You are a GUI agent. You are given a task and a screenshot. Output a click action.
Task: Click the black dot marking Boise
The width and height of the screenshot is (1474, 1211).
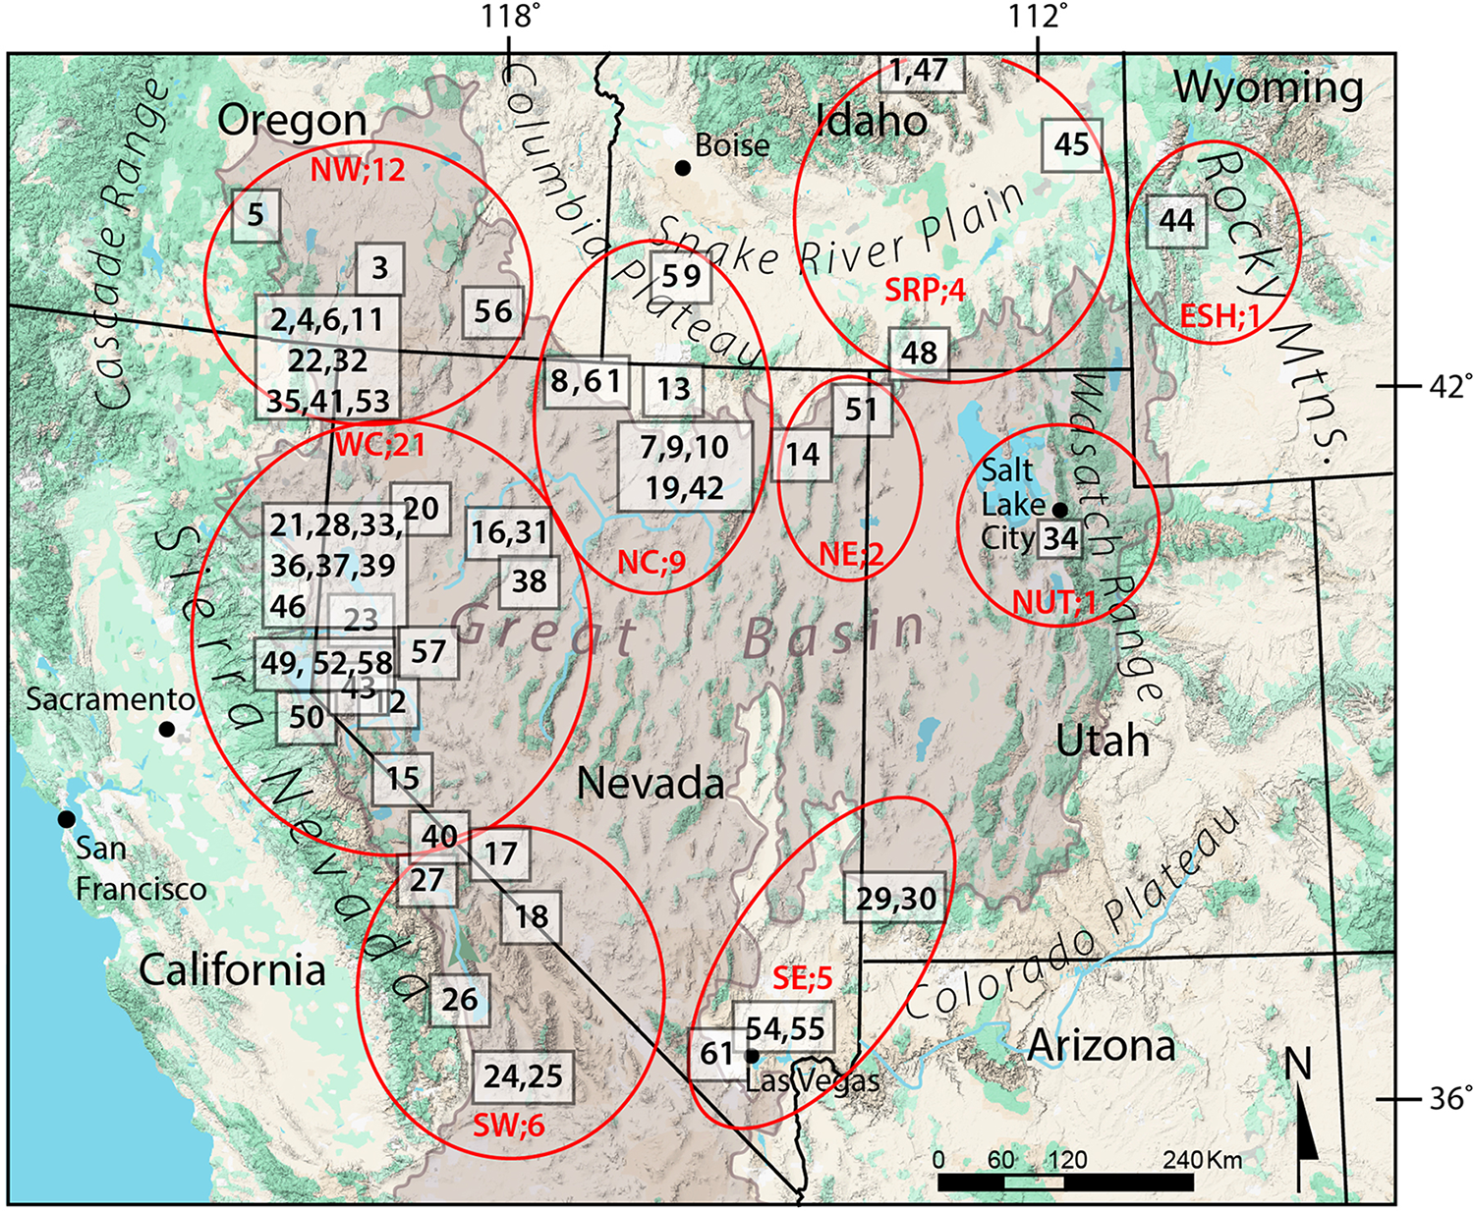pos(682,168)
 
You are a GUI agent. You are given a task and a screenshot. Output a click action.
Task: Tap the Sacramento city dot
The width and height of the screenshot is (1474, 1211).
pos(167,729)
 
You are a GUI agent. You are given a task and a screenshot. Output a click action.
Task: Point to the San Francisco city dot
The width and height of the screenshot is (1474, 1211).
pos(66,818)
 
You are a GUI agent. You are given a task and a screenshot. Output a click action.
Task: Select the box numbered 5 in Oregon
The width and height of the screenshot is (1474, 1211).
pos(255,214)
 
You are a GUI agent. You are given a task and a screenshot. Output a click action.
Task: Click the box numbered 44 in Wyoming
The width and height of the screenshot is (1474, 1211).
pos(1176,221)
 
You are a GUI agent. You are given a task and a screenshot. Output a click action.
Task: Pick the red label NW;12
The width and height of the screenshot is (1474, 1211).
pos(358,171)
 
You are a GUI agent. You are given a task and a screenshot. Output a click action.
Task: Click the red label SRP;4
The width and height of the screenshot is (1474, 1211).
pos(925,291)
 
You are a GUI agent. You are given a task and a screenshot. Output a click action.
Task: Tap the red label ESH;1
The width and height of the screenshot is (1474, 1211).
pos(1219,315)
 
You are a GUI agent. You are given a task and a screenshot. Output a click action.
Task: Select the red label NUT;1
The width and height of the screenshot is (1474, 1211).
pos(1054,602)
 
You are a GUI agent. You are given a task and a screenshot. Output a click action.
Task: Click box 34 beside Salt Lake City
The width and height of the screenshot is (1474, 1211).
pos(1060,538)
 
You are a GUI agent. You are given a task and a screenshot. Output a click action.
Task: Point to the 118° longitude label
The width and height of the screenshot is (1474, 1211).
pos(510,17)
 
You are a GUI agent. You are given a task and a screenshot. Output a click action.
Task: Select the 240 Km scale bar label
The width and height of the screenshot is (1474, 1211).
pos(1202,1160)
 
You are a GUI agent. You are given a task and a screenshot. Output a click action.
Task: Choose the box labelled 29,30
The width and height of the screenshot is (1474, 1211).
pos(895,898)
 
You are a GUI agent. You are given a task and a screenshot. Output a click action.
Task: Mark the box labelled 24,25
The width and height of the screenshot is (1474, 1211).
pos(523,1076)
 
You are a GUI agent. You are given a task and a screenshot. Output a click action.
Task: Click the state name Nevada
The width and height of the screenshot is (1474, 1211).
pos(651,783)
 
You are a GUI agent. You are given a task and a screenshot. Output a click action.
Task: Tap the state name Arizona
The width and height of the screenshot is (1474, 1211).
pos(1101,1046)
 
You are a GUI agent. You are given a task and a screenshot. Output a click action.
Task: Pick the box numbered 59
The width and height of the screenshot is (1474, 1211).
pos(680,276)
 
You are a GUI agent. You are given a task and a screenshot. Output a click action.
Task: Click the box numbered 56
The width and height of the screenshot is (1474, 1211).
pos(492,311)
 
